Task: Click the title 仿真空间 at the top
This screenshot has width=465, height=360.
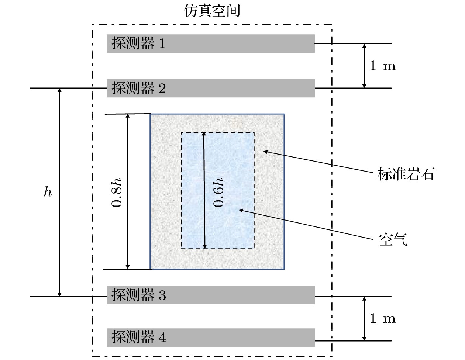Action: coord(212,11)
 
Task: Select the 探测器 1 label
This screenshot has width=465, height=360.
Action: coord(138,44)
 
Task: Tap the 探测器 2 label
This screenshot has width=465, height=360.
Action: coord(138,88)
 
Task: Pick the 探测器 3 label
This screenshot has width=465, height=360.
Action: coord(138,295)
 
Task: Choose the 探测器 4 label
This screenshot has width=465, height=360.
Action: coord(138,337)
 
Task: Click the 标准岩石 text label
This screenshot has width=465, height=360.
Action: coord(406,174)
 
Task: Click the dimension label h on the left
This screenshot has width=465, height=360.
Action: coord(48,192)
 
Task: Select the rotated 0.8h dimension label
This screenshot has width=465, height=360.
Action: coord(117,192)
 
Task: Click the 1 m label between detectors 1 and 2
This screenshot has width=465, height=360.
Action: coord(382,66)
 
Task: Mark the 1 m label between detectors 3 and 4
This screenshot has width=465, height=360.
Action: coord(382,318)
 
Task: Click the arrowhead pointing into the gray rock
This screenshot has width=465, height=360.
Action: coord(265,151)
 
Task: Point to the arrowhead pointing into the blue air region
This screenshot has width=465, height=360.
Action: coord(241,210)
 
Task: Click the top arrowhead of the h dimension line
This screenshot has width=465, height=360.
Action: coord(59,91)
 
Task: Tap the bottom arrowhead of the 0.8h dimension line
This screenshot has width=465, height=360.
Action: coord(128,266)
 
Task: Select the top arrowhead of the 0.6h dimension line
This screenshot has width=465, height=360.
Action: coord(204,135)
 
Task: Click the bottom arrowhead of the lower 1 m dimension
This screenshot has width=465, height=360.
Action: coord(364,338)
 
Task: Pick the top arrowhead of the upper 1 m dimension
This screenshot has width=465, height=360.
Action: coord(364,46)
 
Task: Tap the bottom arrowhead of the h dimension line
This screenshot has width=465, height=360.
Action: coord(59,294)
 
